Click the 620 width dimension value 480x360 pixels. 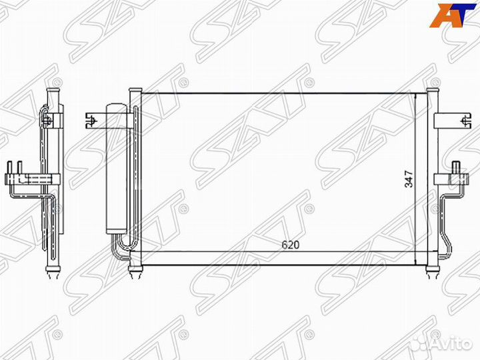(x=290, y=245)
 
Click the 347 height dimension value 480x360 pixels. (x=409, y=179)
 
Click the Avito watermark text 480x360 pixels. (x=453, y=344)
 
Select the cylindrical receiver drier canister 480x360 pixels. (x=116, y=169)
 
